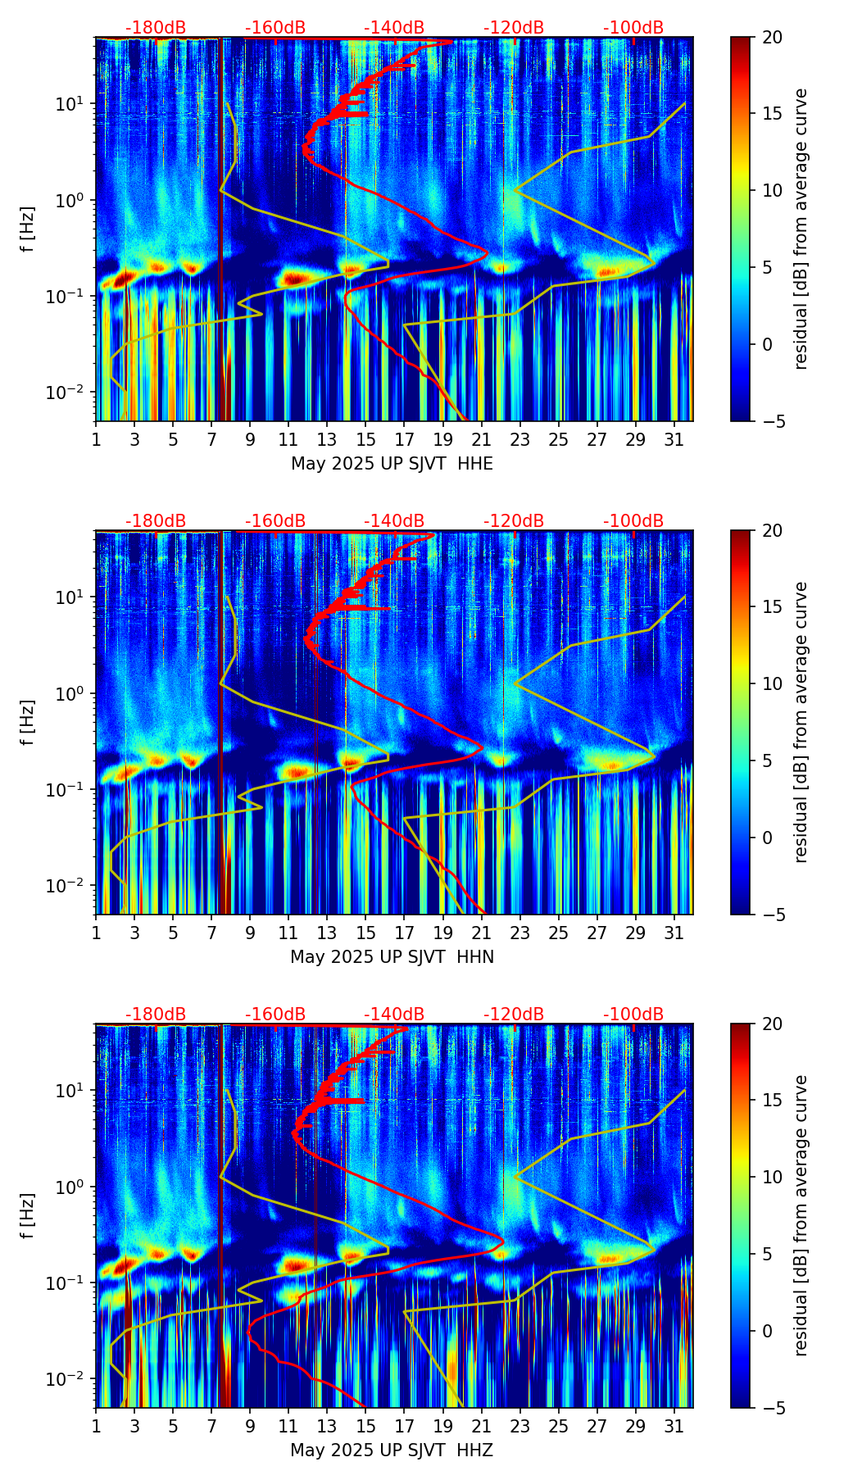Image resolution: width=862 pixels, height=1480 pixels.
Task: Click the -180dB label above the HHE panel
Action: pos(156,28)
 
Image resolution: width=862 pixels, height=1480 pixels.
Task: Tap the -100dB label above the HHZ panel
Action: pos(633,1015)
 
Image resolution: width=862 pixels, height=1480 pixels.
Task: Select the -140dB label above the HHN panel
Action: pos(394,521)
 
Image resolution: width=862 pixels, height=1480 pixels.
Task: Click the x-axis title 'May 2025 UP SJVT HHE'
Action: pos(392,464)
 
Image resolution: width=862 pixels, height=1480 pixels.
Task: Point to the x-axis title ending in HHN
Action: pos(392,957)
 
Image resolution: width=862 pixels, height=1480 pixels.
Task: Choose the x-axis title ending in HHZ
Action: pos(392,1450)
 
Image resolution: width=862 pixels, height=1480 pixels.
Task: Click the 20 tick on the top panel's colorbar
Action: pos(772,38)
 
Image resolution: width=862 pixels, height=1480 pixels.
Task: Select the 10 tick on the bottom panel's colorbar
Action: pos(772,1177)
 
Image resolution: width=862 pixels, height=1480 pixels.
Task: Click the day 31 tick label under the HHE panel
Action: pos(674,440)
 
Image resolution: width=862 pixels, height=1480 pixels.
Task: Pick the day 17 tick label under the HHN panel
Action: pos(405,933)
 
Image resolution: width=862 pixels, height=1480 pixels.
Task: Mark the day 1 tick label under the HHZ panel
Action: pos(97,1427)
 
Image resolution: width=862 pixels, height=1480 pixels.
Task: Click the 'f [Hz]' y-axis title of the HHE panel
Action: pos(28,229)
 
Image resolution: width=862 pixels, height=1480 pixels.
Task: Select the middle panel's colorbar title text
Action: pos(801,722)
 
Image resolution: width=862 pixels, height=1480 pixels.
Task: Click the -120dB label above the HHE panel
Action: pos(514,28)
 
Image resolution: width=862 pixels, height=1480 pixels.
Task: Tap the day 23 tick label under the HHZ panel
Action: pos(520,1427)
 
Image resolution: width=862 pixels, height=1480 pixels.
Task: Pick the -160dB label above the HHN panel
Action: pos(275,521)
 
